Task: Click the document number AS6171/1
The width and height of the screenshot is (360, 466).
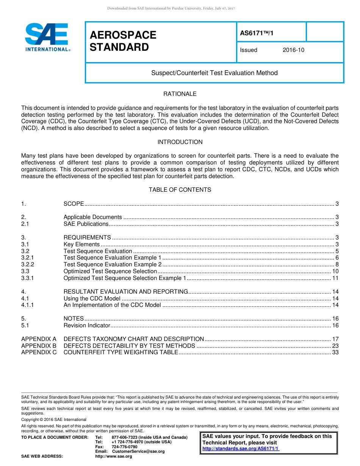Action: click(x=257, y=33)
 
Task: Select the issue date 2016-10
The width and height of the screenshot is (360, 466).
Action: click(x=293, y=50)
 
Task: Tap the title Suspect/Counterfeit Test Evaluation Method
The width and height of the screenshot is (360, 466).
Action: click(x=214, y=73)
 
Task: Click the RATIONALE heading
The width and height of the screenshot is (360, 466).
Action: click(x=180, y=94)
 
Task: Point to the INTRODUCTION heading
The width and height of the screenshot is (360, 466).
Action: click(x=180, y=142)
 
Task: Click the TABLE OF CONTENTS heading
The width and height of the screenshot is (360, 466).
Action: click(x=180, y=190)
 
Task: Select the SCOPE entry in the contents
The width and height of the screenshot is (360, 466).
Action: click(x=74, y=204)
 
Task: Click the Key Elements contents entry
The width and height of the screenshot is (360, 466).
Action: click(x=81, y=244)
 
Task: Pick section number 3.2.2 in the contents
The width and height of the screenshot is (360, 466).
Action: click(x=28, y=264)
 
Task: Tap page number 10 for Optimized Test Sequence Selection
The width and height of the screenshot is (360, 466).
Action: click(x=335, y=271)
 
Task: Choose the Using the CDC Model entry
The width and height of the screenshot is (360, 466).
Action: click(x=92, y=299)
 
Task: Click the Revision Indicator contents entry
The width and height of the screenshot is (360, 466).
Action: click(x=87, y=325)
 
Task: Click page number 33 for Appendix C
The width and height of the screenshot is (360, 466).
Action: click(x=335, y=352)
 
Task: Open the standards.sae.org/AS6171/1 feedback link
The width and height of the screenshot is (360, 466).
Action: click(x=241, y=449)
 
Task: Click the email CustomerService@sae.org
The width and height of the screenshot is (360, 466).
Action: click(x=138, y=452)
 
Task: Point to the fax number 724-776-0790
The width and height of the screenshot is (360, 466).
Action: click(x=125, y=447)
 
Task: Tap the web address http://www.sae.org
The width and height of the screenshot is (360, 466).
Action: click(x=114, y=457)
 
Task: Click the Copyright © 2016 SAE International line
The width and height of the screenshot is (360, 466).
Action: click(x=54, y=419)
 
